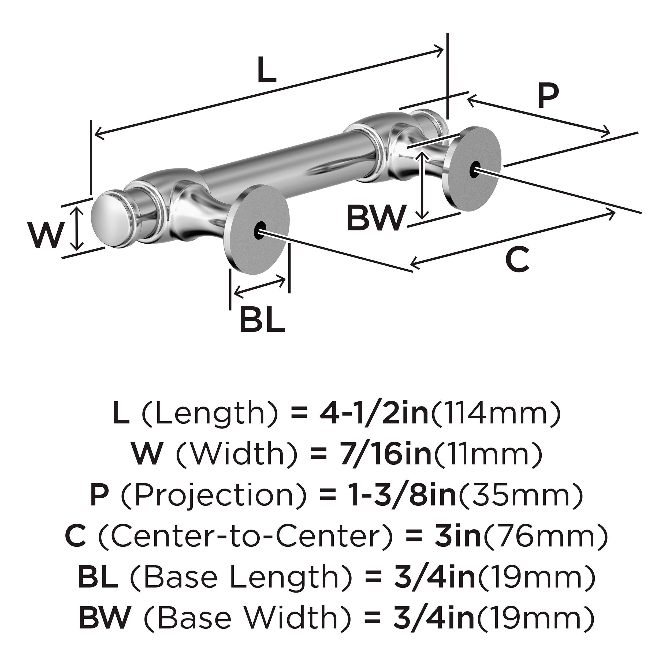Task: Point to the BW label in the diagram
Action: pyautogui.click(x=376, y=218)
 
